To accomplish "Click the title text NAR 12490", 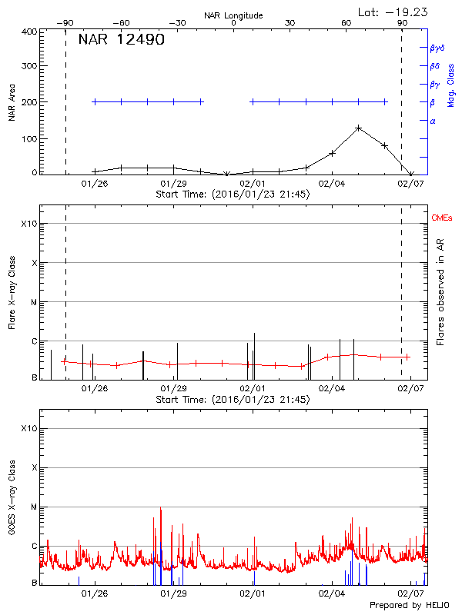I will point(121,40).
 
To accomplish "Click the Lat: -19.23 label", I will point(393,12).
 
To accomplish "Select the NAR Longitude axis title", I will point(233,15).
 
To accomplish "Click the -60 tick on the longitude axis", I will point(120,23).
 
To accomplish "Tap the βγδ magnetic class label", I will point(437,48).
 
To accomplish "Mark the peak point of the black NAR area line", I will point(359,128).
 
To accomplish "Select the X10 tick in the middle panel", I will point(28,224).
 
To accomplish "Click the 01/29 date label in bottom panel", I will point(173,593).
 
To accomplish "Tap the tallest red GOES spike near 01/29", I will point(160,508).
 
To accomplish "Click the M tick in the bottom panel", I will point(33,507).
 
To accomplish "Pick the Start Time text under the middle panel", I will point(233,400).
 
